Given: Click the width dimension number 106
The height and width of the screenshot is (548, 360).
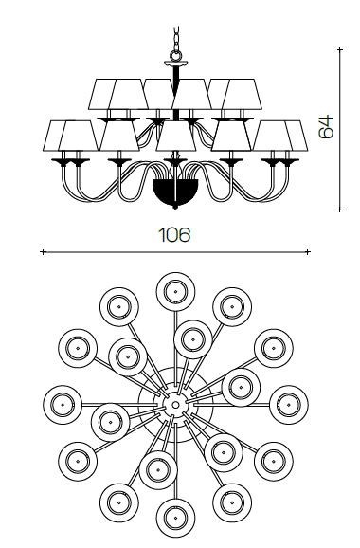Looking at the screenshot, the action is coord(174,234).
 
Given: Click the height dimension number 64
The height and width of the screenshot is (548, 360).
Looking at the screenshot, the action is coord(327,126).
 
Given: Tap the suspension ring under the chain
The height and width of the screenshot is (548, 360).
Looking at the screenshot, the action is coord(175,55).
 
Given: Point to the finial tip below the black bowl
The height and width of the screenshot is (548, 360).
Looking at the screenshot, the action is coord(175,208).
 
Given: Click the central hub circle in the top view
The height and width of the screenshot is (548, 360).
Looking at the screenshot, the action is coord(175,405).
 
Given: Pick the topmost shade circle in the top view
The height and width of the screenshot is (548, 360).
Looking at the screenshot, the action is coord(175,291).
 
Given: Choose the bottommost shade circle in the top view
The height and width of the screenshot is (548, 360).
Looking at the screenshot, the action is coord(175,518).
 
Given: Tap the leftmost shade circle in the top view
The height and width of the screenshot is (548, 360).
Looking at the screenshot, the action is coord(63,405).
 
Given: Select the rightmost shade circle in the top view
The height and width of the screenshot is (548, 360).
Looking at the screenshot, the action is coord(288,405).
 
